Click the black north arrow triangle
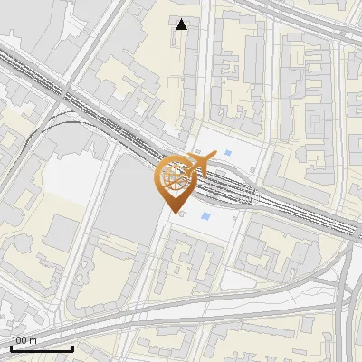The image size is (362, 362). click(182, 24)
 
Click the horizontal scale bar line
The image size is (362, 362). click(42, 348)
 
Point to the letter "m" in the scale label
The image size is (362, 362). click(33, 340)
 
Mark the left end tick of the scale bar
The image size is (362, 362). click(11, 347)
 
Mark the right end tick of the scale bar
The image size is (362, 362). click(72, 347)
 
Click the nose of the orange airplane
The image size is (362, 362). click(215, 156)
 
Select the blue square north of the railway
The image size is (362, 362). click(227, 151)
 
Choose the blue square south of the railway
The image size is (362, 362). click(206, 215)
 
